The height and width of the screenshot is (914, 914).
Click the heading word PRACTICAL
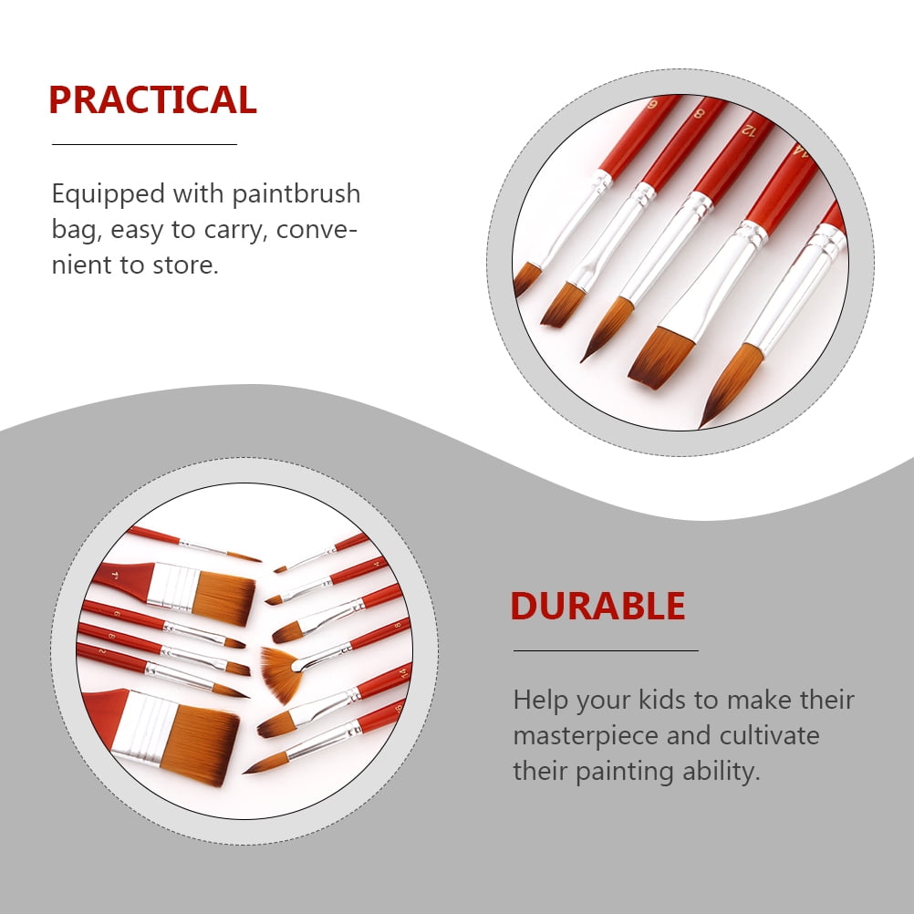pyautogui.click(x=152, y=99)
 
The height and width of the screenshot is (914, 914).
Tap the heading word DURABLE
pyautogui.click(x=598, y=606)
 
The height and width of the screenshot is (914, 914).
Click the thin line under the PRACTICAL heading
pyautogui.click(x=144, y=144)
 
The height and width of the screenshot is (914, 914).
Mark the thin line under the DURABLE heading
pyautogui.click(x=606, y=650)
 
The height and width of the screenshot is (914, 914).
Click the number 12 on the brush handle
pyautogui.click(x=749, y=130)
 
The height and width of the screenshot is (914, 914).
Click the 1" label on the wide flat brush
pyautogui.click(x=115, y=576)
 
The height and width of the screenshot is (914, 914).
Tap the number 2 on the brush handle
pyautogui.click(x=102, y=650)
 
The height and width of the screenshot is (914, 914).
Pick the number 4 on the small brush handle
pyautogui.click(x=377, y=564)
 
